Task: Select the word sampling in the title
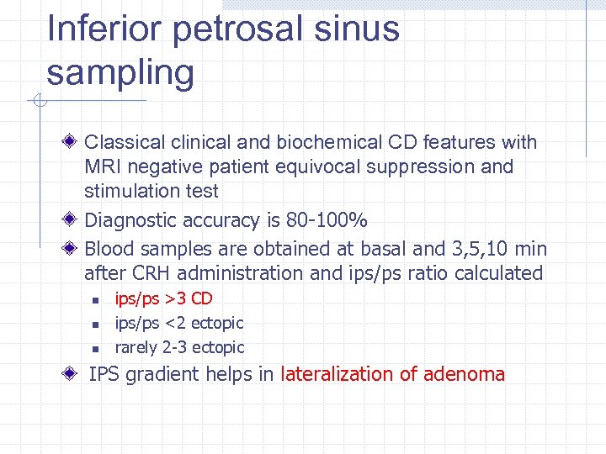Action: click(120, 73)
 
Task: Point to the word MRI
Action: click(104, 166)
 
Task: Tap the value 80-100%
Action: click(327, 220)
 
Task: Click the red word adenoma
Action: click(465, 374)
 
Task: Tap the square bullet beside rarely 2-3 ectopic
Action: click(96, 348)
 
